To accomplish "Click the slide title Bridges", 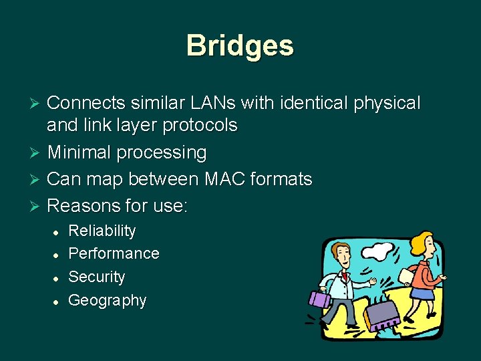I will coord(240,45).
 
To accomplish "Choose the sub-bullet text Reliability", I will coord(102,231).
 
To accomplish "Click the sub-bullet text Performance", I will coord(114,254).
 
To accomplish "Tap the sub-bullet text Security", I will coord(97,277).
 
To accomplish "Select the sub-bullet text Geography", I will coord(108,300).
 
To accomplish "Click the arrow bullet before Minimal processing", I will coord(37,153).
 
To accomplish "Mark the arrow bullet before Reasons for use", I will coord(37,206).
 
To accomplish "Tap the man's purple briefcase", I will coord(320,299).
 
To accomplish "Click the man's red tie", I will coord(345,275).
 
